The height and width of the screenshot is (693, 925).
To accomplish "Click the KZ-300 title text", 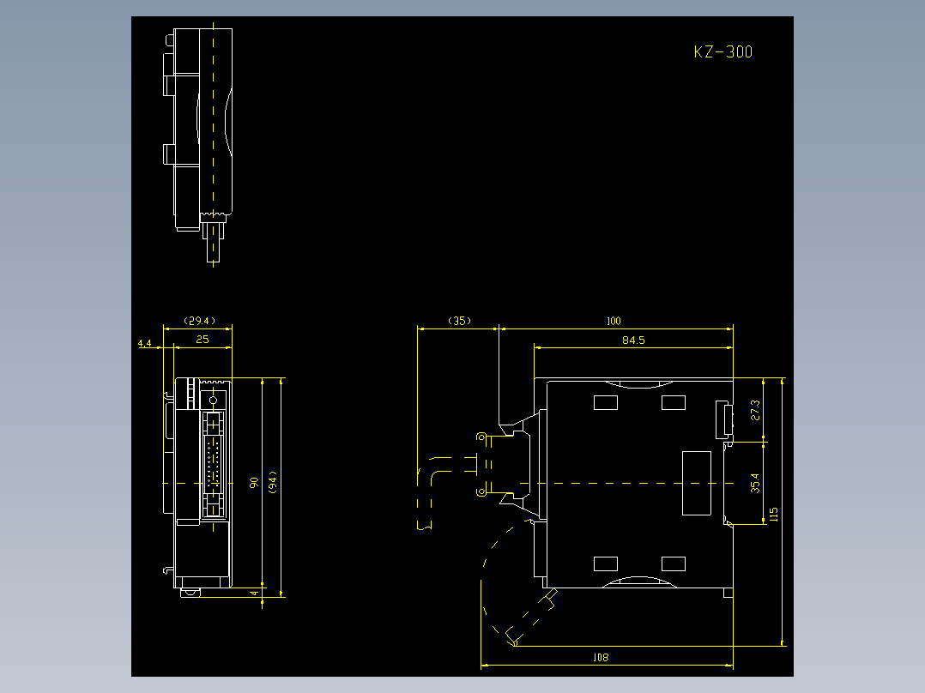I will point(722,52).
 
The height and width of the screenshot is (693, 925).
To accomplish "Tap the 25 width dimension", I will point(203,339).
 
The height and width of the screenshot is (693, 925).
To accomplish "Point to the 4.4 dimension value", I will point(144,343).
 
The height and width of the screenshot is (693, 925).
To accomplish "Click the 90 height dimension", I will point(254,483).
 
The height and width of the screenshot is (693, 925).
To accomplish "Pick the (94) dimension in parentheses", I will point(272,483).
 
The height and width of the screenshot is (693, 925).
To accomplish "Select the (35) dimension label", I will point(459,321).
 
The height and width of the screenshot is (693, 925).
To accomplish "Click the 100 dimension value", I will point(613,322).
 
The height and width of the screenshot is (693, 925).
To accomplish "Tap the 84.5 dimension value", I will point(633,340).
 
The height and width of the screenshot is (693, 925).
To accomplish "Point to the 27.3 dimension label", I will point(755,409).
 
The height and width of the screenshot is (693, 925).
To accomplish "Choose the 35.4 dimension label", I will point(755,483).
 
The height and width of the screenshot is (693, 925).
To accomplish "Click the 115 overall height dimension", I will point(774,514).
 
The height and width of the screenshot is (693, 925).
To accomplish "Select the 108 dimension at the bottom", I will point(601,658).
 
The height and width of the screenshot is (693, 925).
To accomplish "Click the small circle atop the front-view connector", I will point(213,401).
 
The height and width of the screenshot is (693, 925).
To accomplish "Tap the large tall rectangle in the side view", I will point(696,483).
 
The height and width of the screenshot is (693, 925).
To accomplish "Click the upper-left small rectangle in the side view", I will point(606,401).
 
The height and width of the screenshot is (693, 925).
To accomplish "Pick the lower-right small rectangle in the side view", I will point(673,563).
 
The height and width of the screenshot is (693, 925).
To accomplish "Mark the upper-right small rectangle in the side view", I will point(673,401).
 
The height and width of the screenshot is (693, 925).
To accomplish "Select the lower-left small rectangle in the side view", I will point(606,563).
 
